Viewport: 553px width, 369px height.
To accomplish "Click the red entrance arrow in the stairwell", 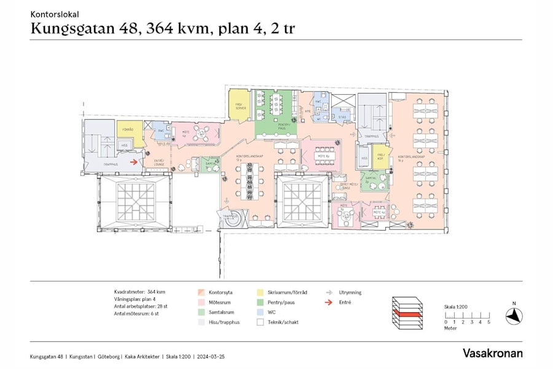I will point(132,162).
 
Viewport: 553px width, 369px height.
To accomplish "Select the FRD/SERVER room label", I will point(241,106).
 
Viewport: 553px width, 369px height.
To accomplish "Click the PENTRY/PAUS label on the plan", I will point(275,126).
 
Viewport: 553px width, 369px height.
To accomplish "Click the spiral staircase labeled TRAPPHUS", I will point(230,220).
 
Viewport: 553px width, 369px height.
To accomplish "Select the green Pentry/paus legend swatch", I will point(261,303).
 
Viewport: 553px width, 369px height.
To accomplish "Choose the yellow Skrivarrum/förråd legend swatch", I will point(261,293).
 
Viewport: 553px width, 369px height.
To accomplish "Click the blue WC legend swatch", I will point(261,312).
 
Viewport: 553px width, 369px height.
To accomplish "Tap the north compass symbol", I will point(514,316).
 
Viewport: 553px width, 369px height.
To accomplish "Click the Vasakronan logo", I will point(493,353).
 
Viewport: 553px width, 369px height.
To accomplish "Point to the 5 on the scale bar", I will point(489,322).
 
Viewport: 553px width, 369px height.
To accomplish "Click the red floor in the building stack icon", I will point(407,314).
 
